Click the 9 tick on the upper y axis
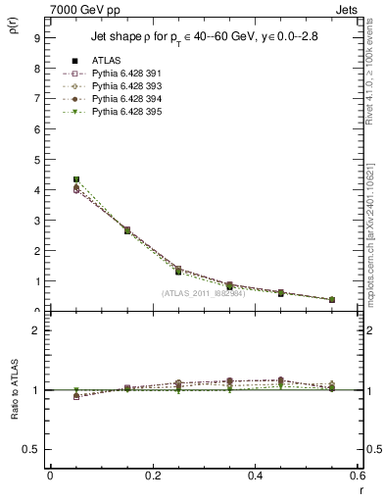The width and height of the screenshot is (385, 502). (x=36, y=38)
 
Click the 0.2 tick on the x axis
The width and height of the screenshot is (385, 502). (x=152, y=476)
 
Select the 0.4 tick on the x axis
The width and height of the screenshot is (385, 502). (x=255, y=476)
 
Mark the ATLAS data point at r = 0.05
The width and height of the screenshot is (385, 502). (x=76, y=180)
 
